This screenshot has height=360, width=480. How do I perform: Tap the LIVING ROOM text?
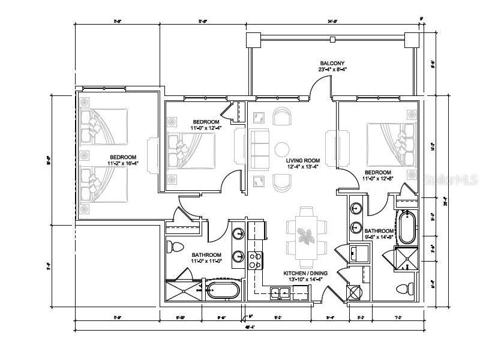pos(302,161)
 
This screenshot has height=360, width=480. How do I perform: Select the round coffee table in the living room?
pos(282,148)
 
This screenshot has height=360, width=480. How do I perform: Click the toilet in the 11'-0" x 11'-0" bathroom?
pos(176,247)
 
